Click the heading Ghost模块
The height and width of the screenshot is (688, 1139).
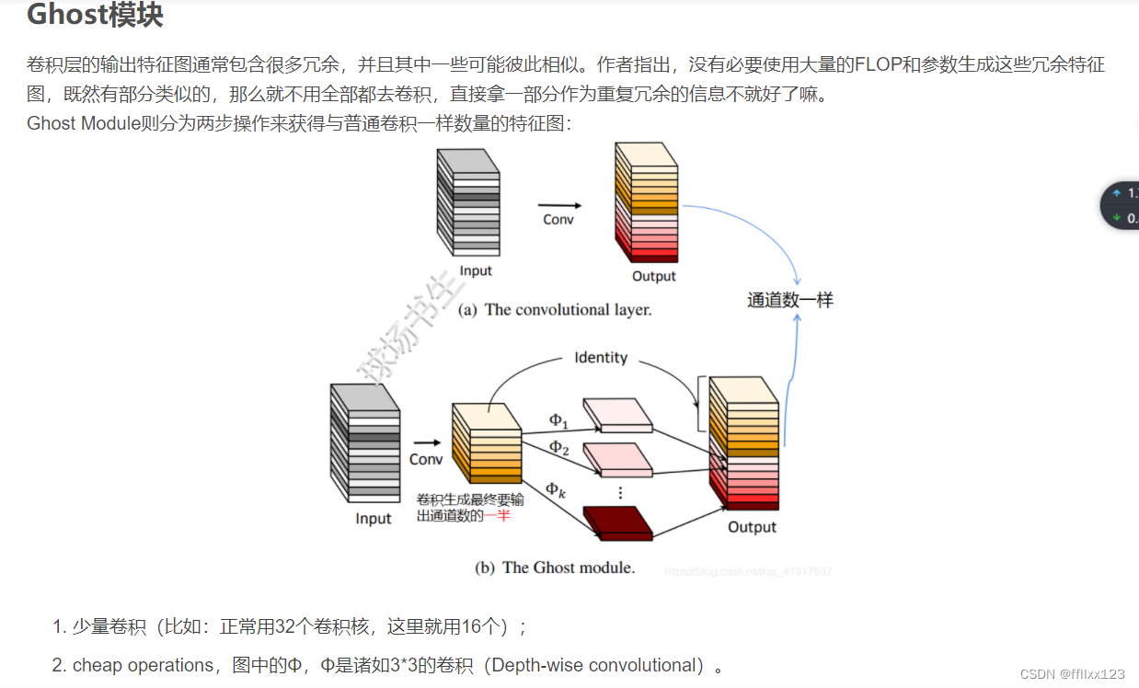click(95, 17)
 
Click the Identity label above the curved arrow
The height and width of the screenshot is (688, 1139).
click(601, 357)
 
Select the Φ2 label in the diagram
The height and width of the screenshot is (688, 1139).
click(558, 448)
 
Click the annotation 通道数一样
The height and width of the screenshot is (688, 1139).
click(790, 300)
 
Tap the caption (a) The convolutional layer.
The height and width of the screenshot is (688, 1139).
click(555, 310)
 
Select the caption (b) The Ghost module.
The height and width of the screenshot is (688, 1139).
click(555, 568)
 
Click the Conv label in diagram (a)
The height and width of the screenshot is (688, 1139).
click(558, 220)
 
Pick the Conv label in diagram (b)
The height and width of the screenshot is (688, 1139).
click(426, 459)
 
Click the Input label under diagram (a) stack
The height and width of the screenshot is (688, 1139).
click(476, 270)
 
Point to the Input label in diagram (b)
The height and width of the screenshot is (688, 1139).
click(374, 519)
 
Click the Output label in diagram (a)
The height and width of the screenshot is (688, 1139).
click(654, 276)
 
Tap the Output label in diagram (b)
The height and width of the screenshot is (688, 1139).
click(752, 527)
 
